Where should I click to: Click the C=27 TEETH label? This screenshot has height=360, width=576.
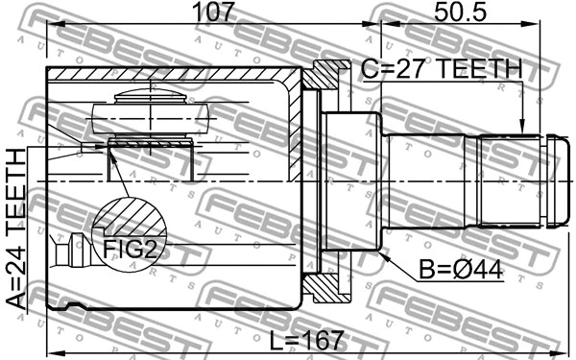441,70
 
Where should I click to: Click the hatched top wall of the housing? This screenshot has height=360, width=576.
173,75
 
